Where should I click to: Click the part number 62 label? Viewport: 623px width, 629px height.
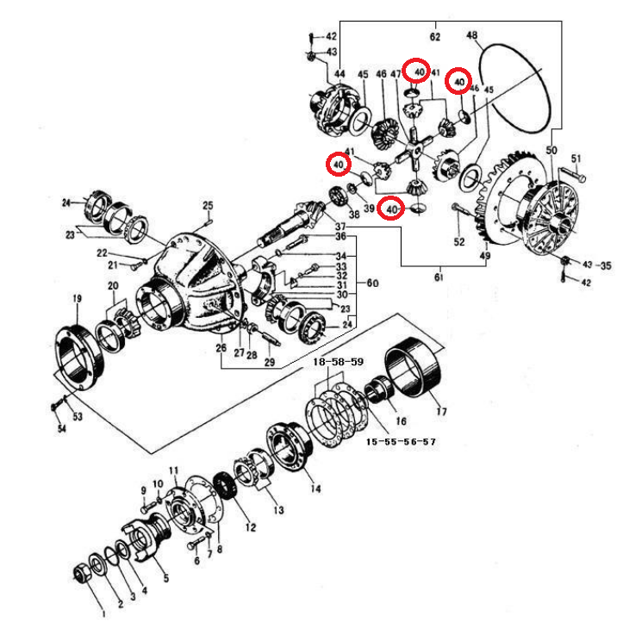(x=435, y=37)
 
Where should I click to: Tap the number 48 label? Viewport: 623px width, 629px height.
(x=471, y=35)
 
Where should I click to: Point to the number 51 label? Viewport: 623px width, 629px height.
(x=576, y=158)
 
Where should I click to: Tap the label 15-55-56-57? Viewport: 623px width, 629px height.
(x=401, y=441)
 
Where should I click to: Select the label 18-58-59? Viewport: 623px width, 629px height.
(x=339, y=364)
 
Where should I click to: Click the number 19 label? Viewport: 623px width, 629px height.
(x=77, y=298)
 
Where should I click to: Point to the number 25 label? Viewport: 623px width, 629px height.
(x=208, y=205)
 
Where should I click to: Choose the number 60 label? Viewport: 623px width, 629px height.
(x=372, y=283)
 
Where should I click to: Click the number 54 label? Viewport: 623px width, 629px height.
(x=62, y=428)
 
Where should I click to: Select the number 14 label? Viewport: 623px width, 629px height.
(x=315, y=489)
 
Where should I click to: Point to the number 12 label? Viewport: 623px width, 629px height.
(x=252, y=526)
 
